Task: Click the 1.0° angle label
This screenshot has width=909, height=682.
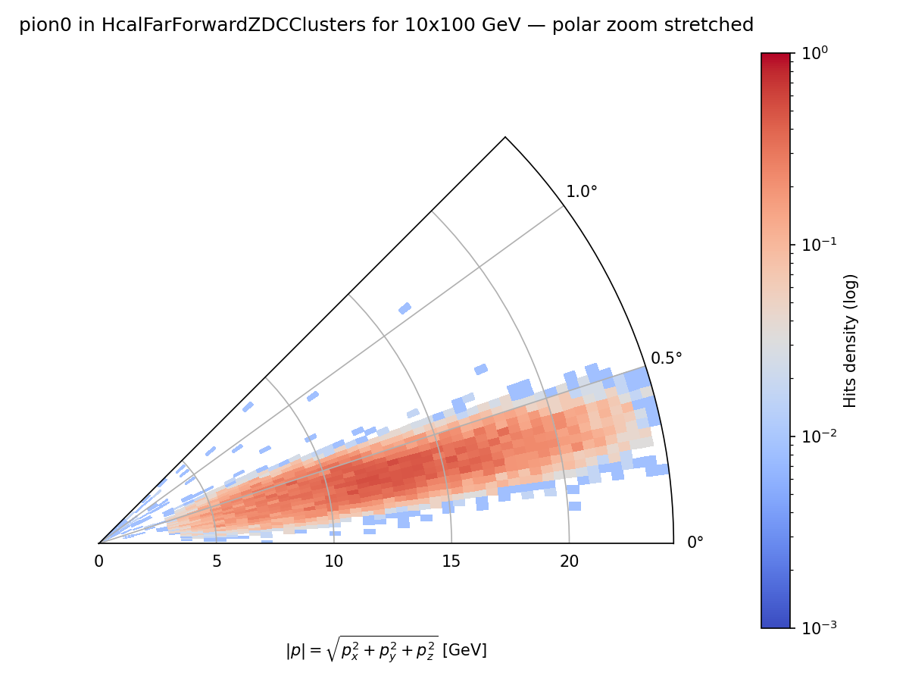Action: [x=581, y=192]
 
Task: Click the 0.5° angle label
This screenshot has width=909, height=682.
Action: [x=666, y=358]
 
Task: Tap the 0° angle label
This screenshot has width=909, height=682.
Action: [x=695, y=543]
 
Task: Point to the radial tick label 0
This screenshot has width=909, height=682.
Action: [x=98, y=562]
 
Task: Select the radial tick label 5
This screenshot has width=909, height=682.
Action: [x=216, y=562]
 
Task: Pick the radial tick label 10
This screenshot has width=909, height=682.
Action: [x=333, y=562]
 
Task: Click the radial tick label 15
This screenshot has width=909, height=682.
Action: [x=451, y=562]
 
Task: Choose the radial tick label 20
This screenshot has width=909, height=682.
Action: [x=569, y=562]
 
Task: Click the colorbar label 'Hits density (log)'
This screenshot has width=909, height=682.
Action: [x=851, y=340]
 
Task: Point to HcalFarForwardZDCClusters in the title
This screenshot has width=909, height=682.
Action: [x=205, y=26]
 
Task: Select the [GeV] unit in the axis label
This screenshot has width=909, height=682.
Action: [x=464, y=650]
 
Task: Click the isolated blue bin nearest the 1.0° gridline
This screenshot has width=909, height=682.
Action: [x=405, y=308]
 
